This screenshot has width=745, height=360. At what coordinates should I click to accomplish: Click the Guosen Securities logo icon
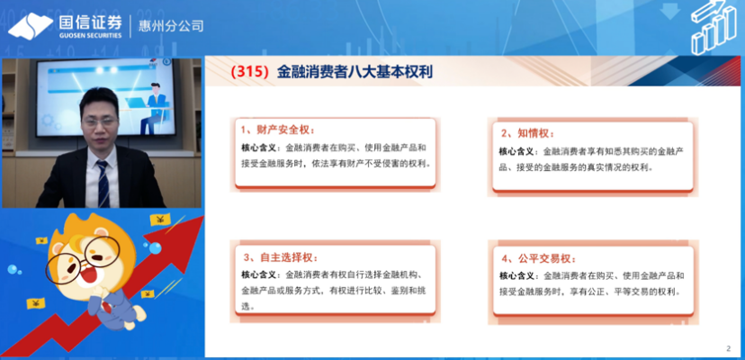click(31, 26)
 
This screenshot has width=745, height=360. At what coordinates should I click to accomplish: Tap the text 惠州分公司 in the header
click(171, 26)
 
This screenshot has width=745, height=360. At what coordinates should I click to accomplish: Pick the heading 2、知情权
click(528, 133)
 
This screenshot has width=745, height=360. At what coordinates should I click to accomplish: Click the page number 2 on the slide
click(729, 348)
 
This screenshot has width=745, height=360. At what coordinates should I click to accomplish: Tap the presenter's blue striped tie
click(103, 184)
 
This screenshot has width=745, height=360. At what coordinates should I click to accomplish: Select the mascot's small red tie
click(107, 307)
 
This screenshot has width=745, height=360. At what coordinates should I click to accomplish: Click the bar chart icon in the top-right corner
click(713, 27)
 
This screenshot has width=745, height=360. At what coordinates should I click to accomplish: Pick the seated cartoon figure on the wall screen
click(153, 108)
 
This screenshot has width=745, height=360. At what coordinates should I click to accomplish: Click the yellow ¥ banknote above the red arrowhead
click(160, 220)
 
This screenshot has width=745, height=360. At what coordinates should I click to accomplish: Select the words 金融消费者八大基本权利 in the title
click(355, 72)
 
